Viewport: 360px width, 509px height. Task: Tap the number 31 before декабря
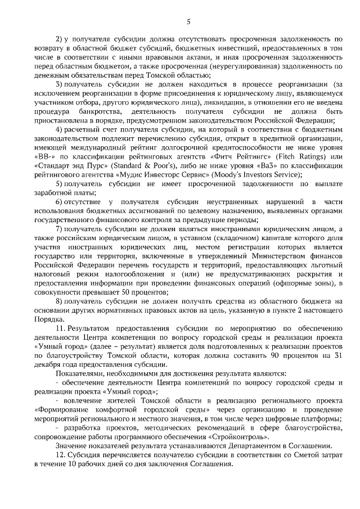[x=336, y=356]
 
